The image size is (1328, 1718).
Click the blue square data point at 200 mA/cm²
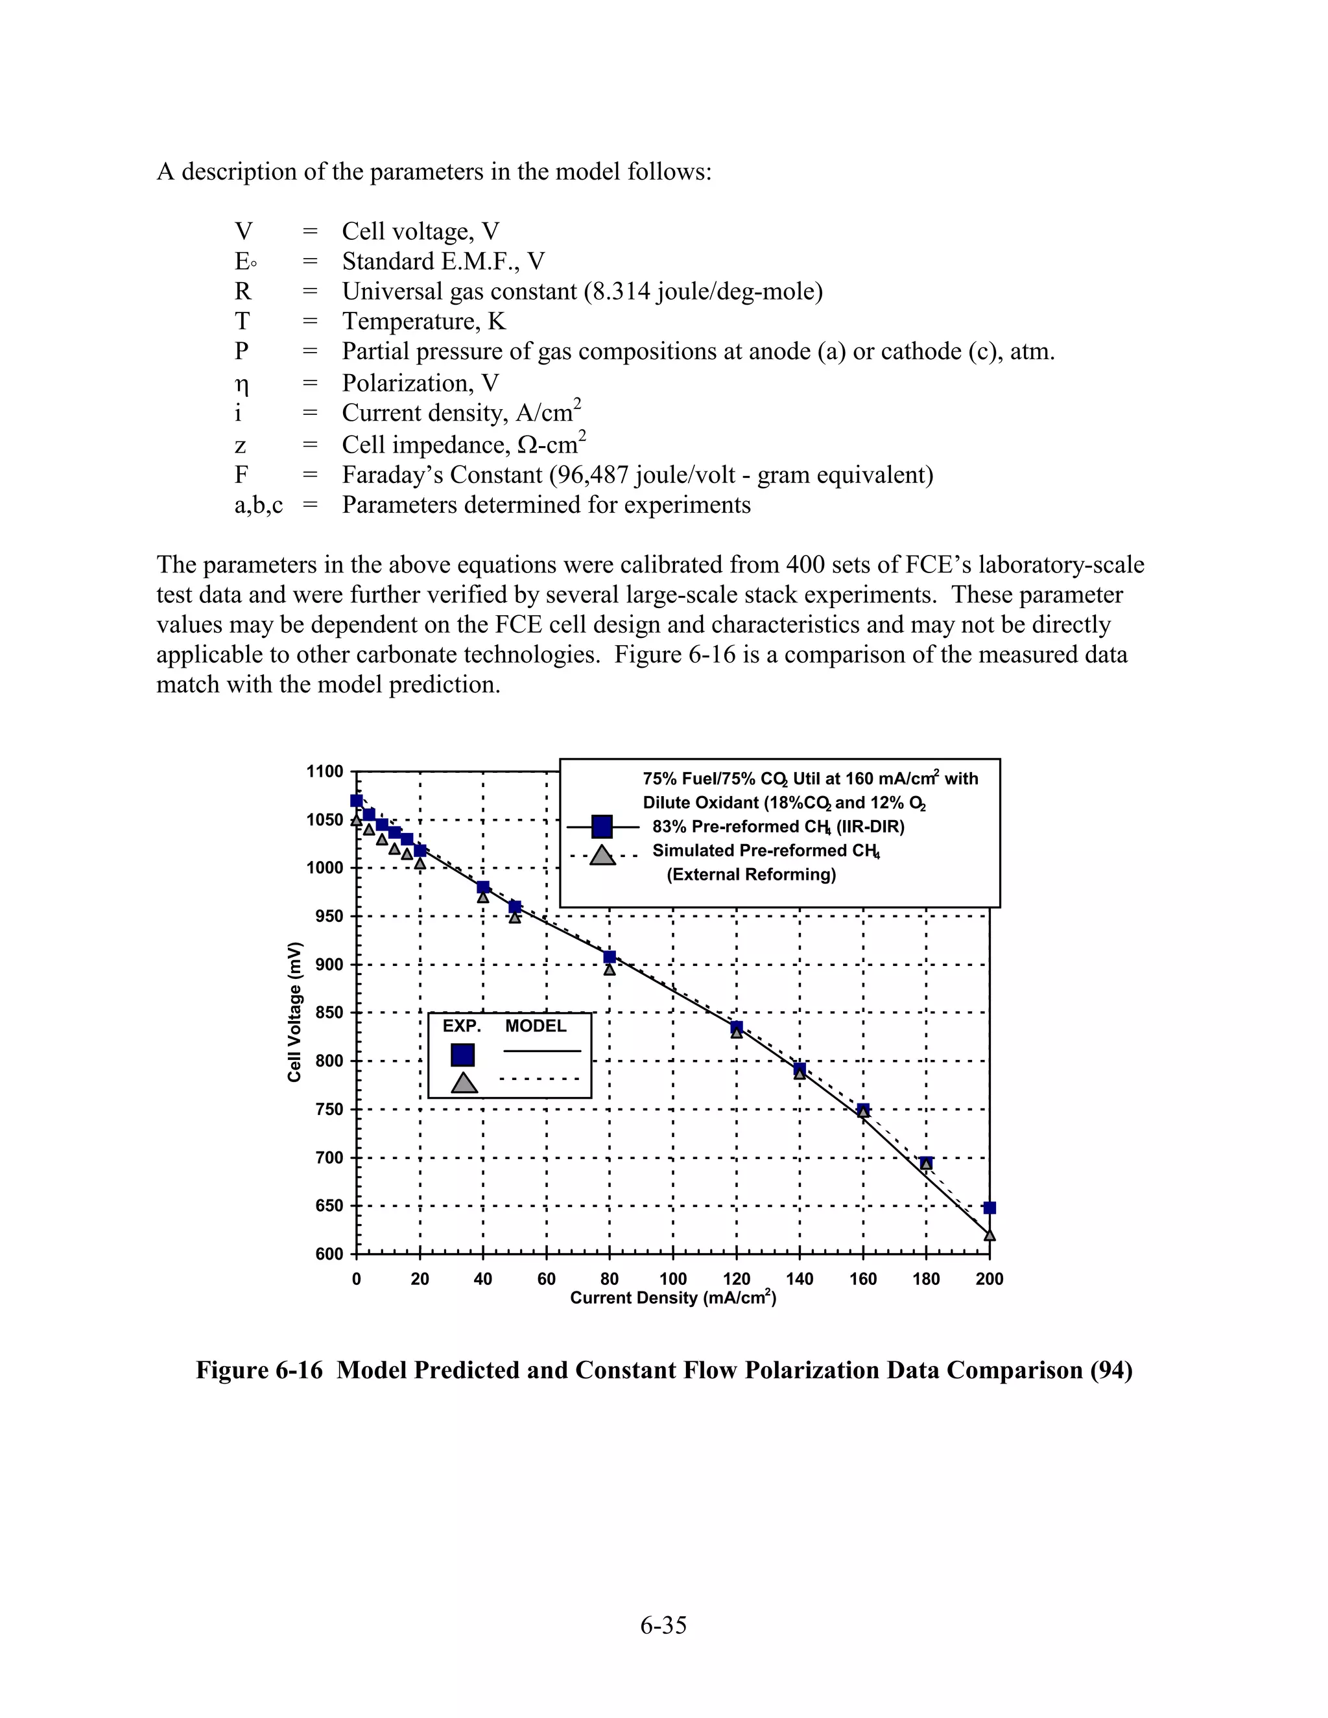(x=989, y=1208)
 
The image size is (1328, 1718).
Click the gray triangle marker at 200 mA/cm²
(x=989, y=1236)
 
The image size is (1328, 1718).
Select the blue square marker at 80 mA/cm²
(x=609, y=956)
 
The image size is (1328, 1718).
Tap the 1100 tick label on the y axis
(x=325, y=771)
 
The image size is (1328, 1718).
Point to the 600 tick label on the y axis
(x=329, y=1254)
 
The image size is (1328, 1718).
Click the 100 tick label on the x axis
(x=672, y=1279)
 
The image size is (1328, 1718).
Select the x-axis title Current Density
(x=672, y=1298)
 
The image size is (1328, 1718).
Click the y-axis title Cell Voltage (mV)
(x=294, y=1011)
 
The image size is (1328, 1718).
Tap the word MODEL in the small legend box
(x=535, y=1026)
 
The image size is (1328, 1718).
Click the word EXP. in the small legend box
(x=461, y=1026)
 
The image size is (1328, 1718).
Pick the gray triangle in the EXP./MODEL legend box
(x=464, y=1083)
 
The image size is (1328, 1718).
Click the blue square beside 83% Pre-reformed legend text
(x=602, y=827)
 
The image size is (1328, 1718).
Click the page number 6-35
(x=663, y=1625)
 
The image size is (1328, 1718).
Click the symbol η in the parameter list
(x=243, y=384)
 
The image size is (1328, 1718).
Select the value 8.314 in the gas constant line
(x=621, y=292)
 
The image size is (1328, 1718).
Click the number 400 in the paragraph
(x=807, y=565)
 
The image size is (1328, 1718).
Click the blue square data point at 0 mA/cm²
(x=357, y=801)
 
